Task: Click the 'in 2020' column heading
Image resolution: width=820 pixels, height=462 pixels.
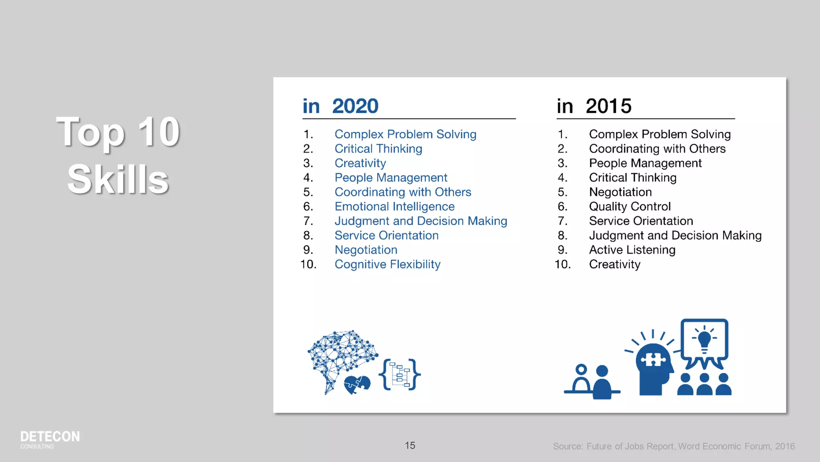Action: [340, 106]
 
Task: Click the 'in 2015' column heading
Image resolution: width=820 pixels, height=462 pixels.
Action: [594, 106]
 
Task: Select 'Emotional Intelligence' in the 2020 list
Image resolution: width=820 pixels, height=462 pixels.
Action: [394, 207]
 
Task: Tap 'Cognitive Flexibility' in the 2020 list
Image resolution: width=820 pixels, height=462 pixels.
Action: [387, 264]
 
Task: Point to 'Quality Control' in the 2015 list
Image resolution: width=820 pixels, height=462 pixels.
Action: [629, 207]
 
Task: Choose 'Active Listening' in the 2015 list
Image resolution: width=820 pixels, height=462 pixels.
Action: [632, 250]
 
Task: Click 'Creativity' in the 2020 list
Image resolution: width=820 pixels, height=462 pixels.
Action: [360, 163]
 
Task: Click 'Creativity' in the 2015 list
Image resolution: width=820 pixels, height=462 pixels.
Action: [615, 264]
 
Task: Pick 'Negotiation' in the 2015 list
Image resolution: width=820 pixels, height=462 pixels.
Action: [620, 192]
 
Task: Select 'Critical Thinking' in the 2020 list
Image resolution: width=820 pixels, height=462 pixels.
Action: [378, 149]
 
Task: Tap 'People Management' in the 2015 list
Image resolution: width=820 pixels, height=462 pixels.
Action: [645, 163]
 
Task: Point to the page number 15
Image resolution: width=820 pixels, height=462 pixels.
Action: [410, 446]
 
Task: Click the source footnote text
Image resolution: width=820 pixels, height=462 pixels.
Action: [673, 446]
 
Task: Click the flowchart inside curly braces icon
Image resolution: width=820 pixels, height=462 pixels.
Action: [400, 375]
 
